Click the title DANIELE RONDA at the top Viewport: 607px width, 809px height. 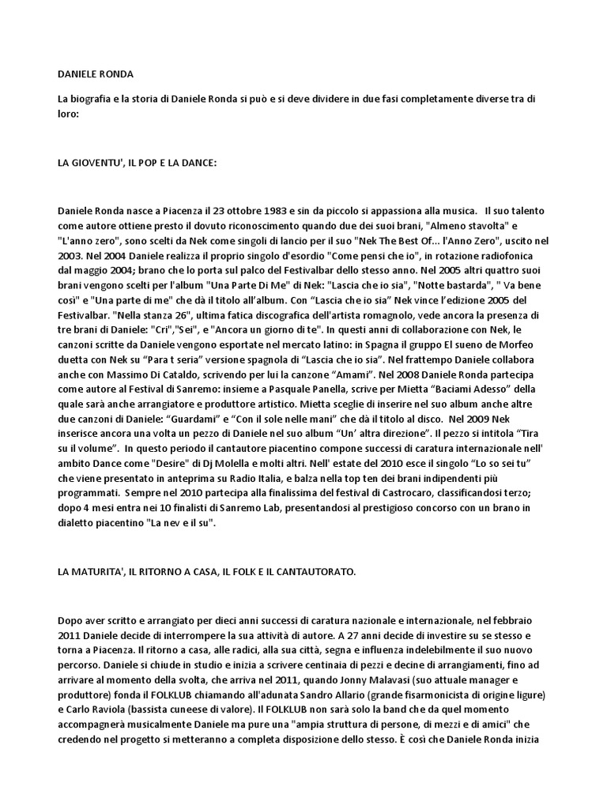coord(96,74)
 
